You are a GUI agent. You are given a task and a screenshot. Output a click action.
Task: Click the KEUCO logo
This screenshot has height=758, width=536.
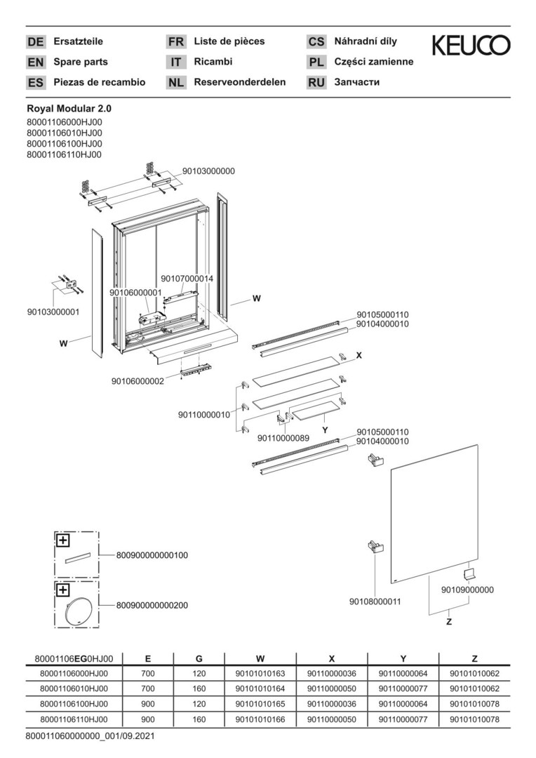tap(471, 46)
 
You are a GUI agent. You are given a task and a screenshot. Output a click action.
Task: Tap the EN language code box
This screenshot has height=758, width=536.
tap(35, 62)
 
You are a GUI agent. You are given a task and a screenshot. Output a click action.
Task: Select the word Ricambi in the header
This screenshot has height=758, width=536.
tap(213, 62)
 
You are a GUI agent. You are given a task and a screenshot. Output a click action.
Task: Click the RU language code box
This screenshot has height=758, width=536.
tap(316, 82)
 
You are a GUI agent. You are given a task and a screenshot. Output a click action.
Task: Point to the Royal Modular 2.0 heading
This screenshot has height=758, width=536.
tap(69, 109)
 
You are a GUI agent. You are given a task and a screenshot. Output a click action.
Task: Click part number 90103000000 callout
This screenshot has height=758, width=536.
tap(209, 171)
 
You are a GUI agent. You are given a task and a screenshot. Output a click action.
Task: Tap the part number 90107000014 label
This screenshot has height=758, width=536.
tap(187, 279)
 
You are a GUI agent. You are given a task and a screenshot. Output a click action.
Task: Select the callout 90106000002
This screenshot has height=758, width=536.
tap(138, 381)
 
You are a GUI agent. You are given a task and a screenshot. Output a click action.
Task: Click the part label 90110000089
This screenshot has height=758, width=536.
tap(283, 438)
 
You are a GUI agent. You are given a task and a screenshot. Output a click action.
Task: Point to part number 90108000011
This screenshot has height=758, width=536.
tap(375, 601)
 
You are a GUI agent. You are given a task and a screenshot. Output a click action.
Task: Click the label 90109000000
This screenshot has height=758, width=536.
tap(467, 590)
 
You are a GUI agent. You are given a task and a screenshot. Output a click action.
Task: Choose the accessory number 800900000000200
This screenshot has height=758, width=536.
tap(152, 605)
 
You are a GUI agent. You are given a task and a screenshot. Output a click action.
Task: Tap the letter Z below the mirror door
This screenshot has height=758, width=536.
tap(449, 622)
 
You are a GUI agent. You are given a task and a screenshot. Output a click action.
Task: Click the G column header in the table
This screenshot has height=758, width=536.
tap(199, 658)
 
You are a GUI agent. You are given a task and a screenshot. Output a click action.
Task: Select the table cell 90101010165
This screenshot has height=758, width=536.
tap(260, 703)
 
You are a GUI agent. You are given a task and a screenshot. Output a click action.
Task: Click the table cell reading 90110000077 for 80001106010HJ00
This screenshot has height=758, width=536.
tap(403, 689)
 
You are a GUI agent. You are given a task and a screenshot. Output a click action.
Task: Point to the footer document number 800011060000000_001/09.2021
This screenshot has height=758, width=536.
tap(90, 736)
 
